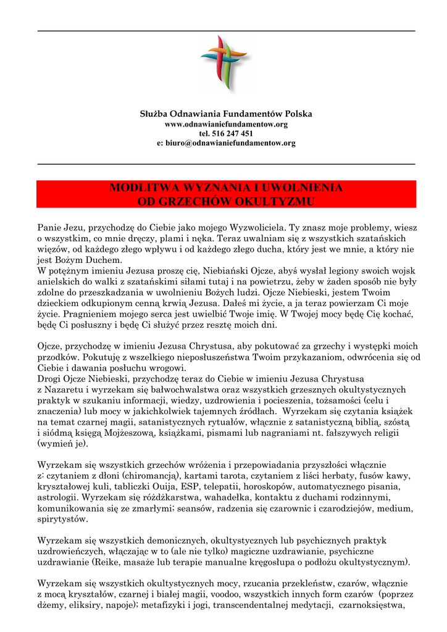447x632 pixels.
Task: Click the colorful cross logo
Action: click(x=223, y=64)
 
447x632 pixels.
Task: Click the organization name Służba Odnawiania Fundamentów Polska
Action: click(x=226, y=114)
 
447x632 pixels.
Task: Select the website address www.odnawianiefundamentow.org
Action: click(x=226, y=124)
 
